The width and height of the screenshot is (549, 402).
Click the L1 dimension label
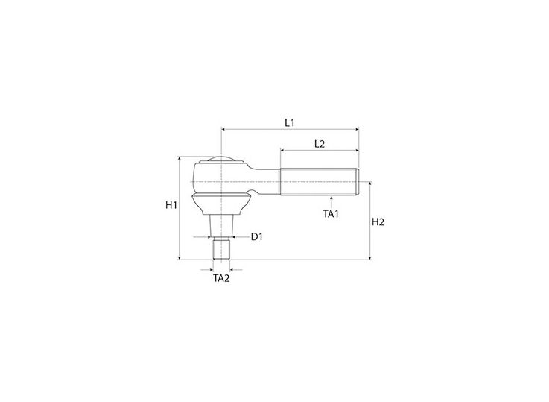pos(290,123)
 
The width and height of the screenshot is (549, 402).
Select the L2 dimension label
pos(320,144)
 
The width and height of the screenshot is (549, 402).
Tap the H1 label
pos(171,205)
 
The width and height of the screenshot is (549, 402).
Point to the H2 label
pos(378,222)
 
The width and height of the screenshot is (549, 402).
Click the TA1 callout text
pos(331,214)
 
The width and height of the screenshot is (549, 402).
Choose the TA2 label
pos(221,278)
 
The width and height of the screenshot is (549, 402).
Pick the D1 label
pos(257,237)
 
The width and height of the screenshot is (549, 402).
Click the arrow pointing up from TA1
pos(331,202)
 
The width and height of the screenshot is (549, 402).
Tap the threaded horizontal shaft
pos(320,182)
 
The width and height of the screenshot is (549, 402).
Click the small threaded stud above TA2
pos(221,248)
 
